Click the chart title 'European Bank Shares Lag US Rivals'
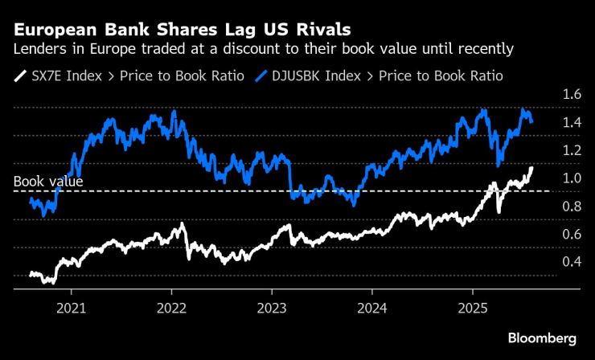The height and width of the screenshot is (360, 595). pyautogui.click(x=182, y=31)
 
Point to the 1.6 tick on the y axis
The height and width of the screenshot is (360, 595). pyautogui.click(x=572, y=95)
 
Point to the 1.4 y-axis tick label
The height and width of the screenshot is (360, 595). pyautogui.click(x=572, y=123)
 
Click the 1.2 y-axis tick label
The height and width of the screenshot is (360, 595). pyautogui.click(x=572, y=150)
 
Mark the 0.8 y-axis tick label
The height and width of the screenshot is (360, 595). pyautogui.click(x=572, y=207)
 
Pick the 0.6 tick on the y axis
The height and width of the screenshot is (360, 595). pyautogui.click(x=572, y=234)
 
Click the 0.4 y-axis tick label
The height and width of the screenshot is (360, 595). pyautogui.click(x=572, y=262)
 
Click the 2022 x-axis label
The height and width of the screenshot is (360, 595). pyautogui.click(x=173, y=307)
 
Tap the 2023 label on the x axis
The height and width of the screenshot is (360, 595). pyautogui.click(x=273, y=307)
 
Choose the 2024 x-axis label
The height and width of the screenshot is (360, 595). pyautogui.click(x=372, y=307)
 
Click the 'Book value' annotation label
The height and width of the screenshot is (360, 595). pyautogui.click(x=48, y=182)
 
